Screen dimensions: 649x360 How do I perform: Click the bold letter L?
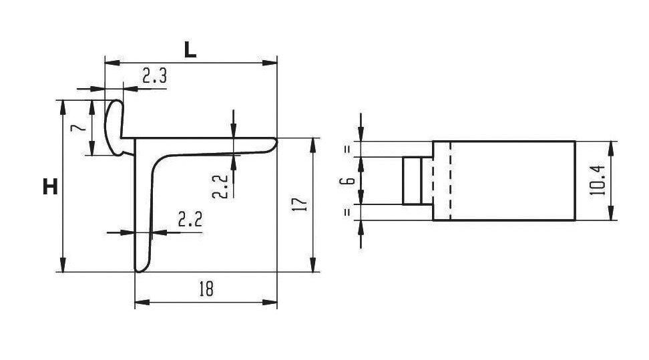point(190,50)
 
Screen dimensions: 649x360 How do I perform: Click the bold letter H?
point(51,187)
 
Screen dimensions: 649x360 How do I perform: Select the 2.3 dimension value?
point(154,76)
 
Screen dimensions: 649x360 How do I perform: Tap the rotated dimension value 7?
point(79,127)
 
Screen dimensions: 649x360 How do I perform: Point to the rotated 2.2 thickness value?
point(220,186)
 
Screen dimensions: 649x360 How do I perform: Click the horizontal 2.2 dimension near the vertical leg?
point(190,219)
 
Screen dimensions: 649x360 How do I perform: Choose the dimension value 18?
point(206,289)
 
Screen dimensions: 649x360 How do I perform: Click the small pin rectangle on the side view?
point(412,180)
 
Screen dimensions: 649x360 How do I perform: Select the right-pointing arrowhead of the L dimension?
point(270,63)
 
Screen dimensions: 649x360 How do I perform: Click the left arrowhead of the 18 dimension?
point(142,303)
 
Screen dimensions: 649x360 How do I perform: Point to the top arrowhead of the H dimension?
point(63,108)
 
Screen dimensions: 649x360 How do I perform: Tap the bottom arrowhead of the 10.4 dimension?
point(611,213)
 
